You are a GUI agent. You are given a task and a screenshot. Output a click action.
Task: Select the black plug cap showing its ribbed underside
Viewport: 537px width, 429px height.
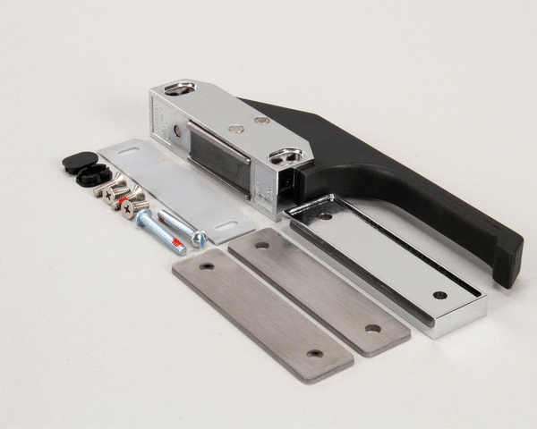(x=90, y=174)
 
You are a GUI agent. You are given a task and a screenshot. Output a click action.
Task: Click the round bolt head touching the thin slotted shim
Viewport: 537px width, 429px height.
(x=199, y=238)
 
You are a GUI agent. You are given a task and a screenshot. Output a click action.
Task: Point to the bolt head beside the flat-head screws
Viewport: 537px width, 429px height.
(x=144, y=216)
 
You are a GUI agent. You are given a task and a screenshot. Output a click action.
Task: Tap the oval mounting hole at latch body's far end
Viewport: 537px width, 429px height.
(x=180, y=88)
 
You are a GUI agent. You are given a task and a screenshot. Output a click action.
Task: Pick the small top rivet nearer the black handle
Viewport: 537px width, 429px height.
(x=261, y=120)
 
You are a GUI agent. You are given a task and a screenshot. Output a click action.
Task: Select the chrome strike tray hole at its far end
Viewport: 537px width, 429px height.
(x=439, y=294)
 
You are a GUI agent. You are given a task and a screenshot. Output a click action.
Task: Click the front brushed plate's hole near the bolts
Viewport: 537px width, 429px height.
(x=207, y=266)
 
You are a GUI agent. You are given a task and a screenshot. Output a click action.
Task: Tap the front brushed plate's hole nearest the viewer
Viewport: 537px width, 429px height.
(x=314, y=353)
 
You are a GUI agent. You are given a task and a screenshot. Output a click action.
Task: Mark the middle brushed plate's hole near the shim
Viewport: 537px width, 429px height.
(x=262, y=243)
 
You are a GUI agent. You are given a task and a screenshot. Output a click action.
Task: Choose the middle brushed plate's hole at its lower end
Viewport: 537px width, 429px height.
(x=371, y=328)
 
